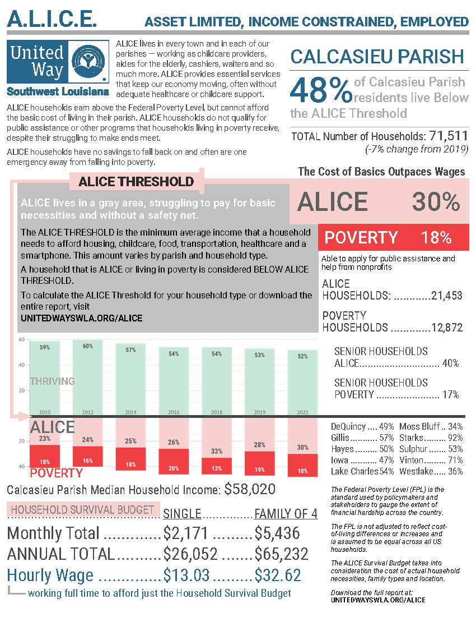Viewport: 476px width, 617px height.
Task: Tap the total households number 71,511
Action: coord(448,136)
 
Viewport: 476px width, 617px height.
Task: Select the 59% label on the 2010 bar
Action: coord(45,347)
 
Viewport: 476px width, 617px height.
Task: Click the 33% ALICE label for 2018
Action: coord(216,451)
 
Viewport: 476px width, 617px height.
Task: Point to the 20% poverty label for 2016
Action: coord(174,468)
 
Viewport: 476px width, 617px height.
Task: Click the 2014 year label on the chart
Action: coord(130,412)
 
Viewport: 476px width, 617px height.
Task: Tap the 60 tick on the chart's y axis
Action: coord(21,340)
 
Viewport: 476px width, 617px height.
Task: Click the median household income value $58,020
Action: coord(250,489)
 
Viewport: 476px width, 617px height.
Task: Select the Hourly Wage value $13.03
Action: coord(186,575)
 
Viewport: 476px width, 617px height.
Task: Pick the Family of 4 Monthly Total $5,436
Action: coord(277,533)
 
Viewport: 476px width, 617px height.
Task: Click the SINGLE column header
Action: coord(181,514)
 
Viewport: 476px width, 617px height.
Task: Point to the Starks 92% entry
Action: coord(431,438)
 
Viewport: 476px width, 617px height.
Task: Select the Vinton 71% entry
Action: coord(431,460)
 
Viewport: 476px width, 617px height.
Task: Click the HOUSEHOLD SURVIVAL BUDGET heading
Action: coord(83,510)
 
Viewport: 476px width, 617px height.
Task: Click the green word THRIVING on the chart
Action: coord(52,381)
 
